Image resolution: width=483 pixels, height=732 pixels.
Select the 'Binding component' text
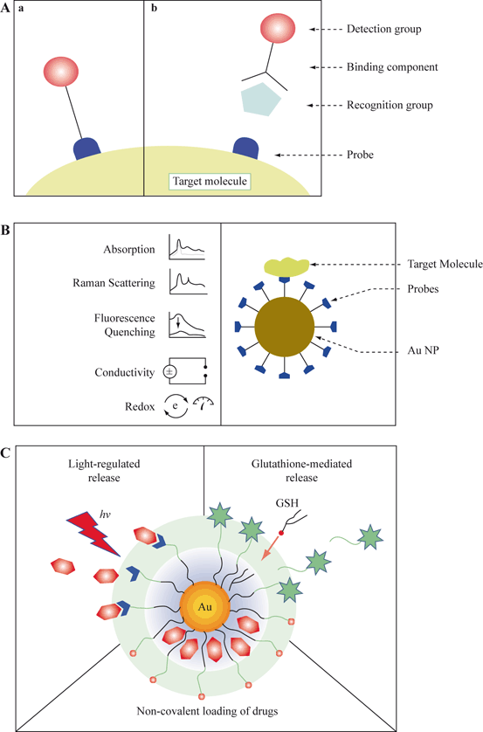tap(410, 66)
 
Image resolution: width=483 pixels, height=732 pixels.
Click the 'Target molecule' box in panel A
tap(210, 182)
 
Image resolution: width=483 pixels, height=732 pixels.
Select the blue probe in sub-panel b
tap(247, 148)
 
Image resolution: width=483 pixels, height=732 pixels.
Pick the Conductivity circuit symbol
tap(187, 371)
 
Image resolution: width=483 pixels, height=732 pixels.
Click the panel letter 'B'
tap(7, 231)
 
